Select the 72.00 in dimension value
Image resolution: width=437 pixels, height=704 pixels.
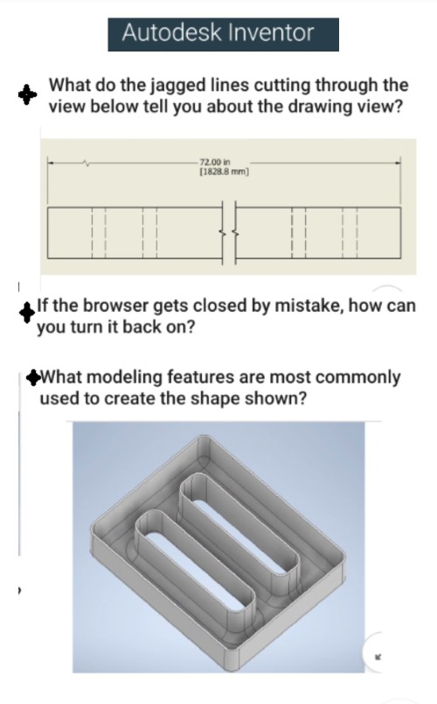click(213, 162)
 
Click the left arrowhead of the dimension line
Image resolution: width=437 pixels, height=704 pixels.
click(51, 162)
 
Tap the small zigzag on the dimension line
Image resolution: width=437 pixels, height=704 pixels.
click(85, 162)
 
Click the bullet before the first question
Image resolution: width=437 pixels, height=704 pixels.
click(29, 94)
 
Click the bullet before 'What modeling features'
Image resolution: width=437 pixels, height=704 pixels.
click(32, 377)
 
